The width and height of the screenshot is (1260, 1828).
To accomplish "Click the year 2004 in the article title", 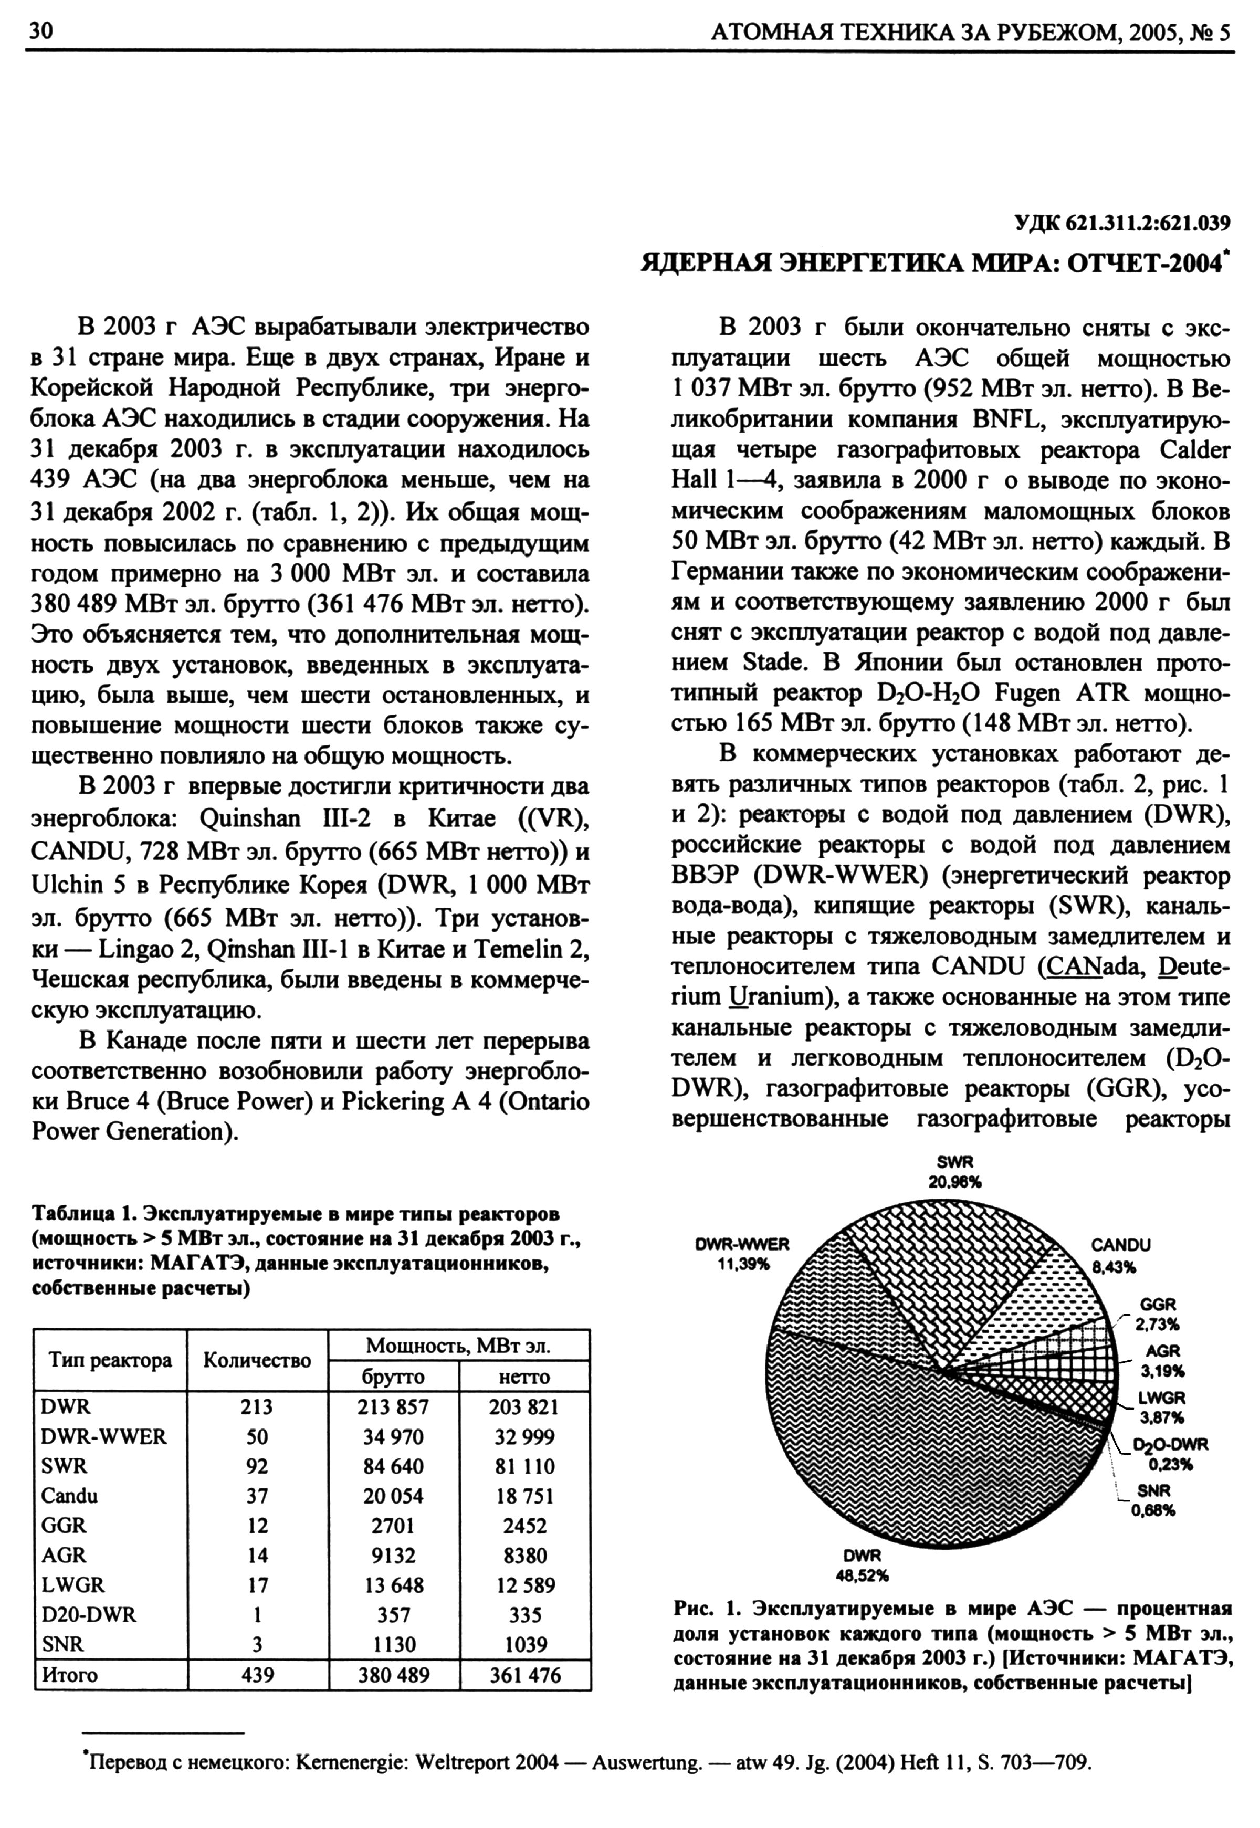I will click(1191, 263).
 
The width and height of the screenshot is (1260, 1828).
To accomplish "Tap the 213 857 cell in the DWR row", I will click(393, 1406).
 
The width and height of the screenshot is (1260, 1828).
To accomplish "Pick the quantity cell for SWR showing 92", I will click(257, 1466).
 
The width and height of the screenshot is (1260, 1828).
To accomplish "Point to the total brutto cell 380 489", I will click(393, 1675).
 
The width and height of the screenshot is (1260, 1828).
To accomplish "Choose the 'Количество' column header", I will click(257, 1360).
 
